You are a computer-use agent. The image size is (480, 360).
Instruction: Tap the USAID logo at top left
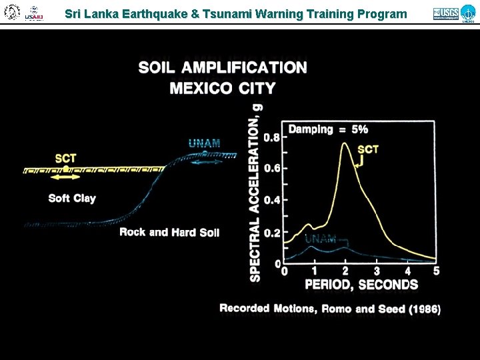(x=33, y=13)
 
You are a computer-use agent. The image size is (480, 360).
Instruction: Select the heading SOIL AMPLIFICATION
(x=223, y=68)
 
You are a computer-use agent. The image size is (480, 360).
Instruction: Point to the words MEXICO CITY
(x=223, y=88)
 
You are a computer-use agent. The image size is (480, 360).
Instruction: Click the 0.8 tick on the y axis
(x=272, y=138)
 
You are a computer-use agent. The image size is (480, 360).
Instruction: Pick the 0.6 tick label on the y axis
(x=272, y=169)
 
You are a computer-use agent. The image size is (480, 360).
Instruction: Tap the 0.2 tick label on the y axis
(x=272, y=234)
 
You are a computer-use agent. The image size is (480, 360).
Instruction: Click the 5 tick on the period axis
(x=437, y=271)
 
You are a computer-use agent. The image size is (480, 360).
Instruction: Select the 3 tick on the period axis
(x=376, y=271)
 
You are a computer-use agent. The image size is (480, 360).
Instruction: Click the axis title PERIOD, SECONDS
(x=361, y=285)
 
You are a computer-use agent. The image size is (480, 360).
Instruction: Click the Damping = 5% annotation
(x=328, y=129)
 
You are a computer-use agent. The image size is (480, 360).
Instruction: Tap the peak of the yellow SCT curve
(x=345, y=143)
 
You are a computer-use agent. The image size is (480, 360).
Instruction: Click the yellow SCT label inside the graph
(x=368, y=149)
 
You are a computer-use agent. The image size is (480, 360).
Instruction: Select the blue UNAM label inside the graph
(x=320, y=239)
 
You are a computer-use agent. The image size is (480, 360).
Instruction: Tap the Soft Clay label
(x=72, y=199)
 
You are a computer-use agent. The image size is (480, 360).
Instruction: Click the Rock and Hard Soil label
(x=169, y=232)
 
